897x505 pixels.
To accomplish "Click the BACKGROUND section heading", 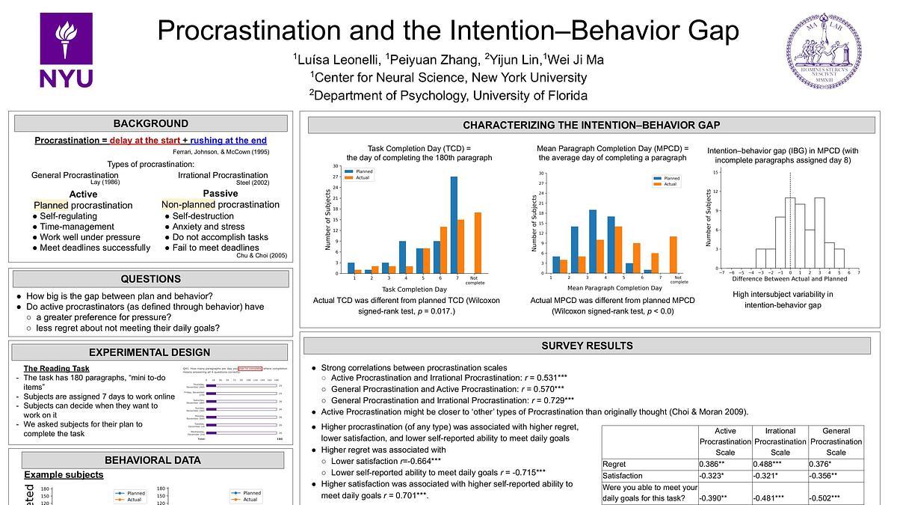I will click(150, 123).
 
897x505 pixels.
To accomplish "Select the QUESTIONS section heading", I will click(150, 279).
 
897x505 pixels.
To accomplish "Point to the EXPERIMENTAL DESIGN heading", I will click(150, 352).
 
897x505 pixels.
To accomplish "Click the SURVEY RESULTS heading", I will click(587, 346).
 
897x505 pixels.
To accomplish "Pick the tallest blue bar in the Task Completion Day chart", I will click(454, 224).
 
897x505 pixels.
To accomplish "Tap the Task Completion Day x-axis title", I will click(414, 289).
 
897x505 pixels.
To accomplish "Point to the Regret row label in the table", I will click(615, 465).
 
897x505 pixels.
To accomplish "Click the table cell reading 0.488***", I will click(780, 465).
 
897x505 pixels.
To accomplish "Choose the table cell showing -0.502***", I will click(836, 498).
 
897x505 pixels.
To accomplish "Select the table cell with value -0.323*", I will click(724, 475).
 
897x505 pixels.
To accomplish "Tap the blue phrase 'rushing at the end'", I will click(228, 140).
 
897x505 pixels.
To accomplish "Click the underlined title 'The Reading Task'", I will click(56, 368).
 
